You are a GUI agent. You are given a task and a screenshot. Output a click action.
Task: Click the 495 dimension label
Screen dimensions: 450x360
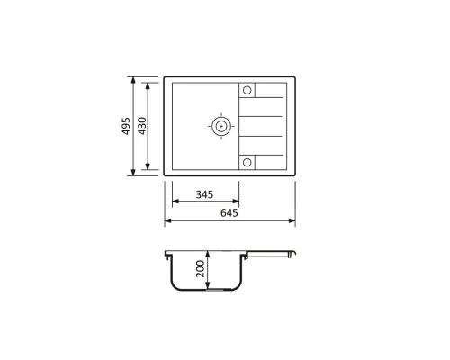(x=127, y=126)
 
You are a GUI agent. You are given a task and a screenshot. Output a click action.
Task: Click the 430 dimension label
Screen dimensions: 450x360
(x=142, y=126)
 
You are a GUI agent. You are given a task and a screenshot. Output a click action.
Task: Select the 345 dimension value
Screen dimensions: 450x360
(x=204, y=194)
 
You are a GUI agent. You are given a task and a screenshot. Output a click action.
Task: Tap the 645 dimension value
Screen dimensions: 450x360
(x=229, y=212)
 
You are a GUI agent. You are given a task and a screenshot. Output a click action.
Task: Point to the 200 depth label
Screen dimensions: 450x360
(x=200, y=268)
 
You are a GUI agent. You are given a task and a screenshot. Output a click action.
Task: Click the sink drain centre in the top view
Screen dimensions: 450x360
(x=221, y=126)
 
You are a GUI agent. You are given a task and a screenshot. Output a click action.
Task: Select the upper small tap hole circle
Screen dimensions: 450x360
(x=247, y=90)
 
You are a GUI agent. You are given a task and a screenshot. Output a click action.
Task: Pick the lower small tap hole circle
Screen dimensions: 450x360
(x=247, y=163)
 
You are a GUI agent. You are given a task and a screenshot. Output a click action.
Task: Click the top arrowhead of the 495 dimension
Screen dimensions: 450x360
(x=133, y=80)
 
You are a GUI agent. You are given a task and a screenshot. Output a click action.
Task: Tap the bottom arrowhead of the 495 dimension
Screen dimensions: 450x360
(x=133, y=173)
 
